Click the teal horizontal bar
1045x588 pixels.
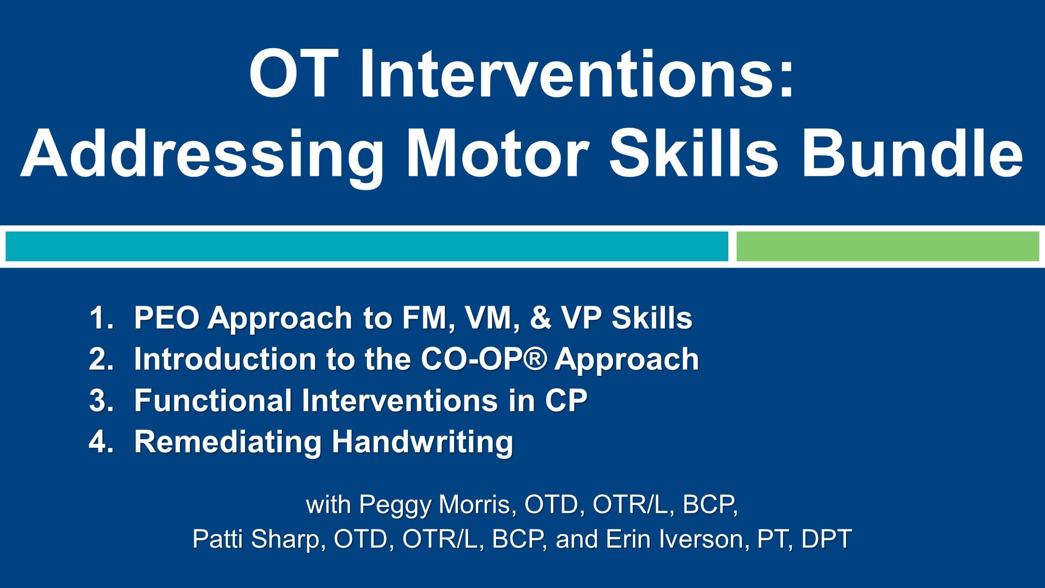point(367,246)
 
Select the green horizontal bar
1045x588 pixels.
point(888,246)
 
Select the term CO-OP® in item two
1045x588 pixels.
point(483,359)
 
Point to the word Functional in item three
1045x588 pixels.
point(213,400)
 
